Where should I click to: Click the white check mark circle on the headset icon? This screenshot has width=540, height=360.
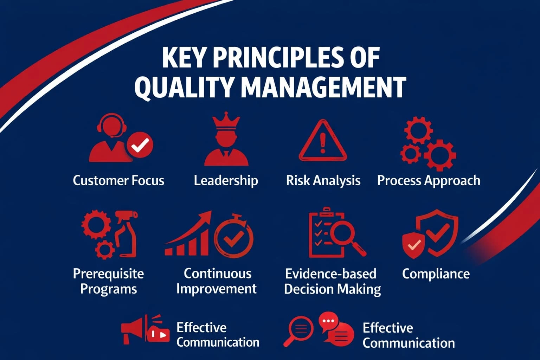[x=140, y=144]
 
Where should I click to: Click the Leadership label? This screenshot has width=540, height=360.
[x=226, y=180]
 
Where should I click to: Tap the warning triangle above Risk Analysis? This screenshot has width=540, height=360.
[x=323, y=141]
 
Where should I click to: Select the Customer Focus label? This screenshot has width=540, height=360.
[x=118, y=180]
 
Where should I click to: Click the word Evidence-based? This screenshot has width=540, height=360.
[x=330, y=274]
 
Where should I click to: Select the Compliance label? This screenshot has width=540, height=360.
[x=436, y=274]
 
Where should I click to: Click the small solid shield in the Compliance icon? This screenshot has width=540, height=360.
[x=414, y=245]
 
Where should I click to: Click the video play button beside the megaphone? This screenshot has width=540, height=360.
[x=160, y=334]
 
